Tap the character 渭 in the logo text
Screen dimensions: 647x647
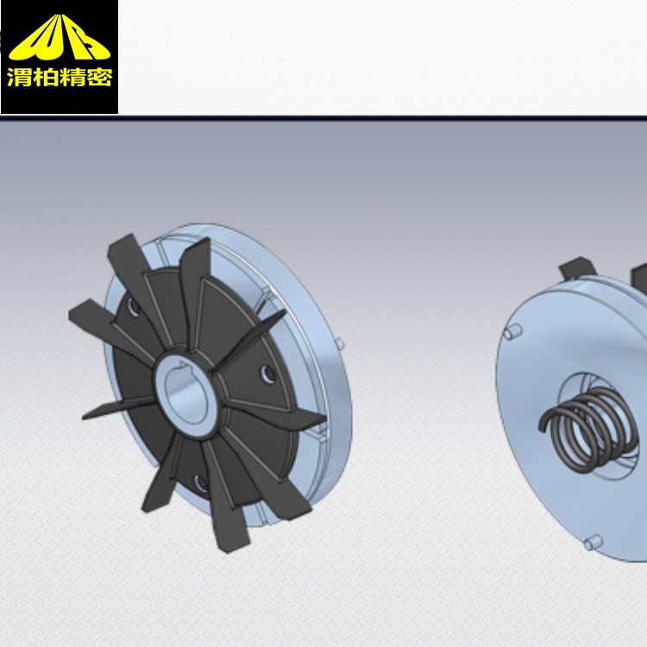[19, 77]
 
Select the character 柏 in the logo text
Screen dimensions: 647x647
[46, 77]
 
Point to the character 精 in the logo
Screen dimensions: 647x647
[72, 77]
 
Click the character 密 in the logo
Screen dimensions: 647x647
[98, 77]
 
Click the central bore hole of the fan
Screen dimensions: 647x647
[185, 395]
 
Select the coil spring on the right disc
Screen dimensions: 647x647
[588, 429]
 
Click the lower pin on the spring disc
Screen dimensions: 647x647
[594, 543]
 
